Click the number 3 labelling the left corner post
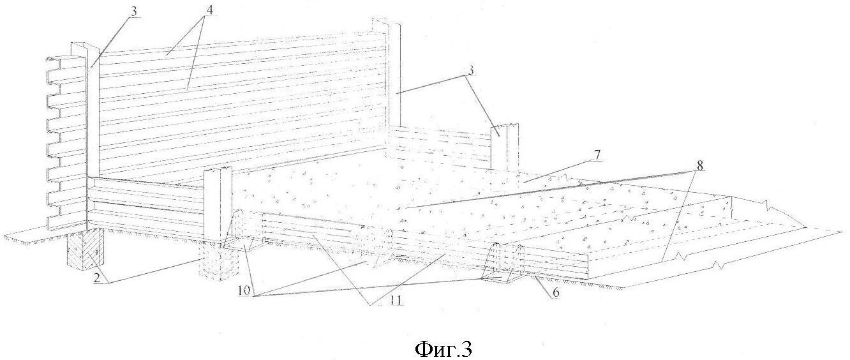click(134, 11)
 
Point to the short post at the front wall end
click(218, 207)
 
